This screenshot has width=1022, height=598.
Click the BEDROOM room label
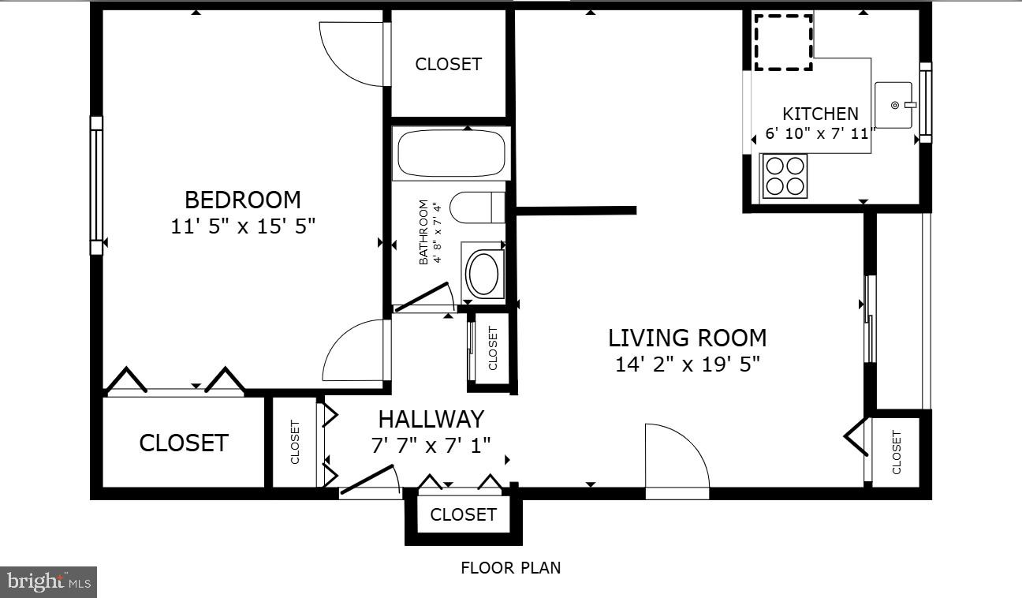(242, 200)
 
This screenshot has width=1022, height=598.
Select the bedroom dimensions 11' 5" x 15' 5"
(242, 226)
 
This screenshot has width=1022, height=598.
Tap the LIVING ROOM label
(687, 338)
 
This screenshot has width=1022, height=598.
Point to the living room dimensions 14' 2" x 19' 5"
(687, 364)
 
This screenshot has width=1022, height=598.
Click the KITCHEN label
(820, 114)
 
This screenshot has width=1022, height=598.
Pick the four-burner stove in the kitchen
(784, 175)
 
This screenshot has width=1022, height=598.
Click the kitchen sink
(893, 105)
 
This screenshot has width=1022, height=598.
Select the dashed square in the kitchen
(783, 41)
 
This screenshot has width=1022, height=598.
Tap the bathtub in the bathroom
(450, 155)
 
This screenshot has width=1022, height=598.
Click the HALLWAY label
(431, 419)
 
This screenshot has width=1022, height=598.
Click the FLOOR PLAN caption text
(510, 567)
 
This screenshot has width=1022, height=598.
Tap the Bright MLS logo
(48, 582)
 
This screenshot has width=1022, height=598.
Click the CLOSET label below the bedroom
(183, 443)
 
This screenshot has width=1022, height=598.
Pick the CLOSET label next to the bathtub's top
(448, 64)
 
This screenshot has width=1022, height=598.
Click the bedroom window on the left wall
(96, 185)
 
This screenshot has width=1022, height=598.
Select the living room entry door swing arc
(680, 455)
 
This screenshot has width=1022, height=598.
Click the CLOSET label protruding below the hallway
(463, 514)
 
